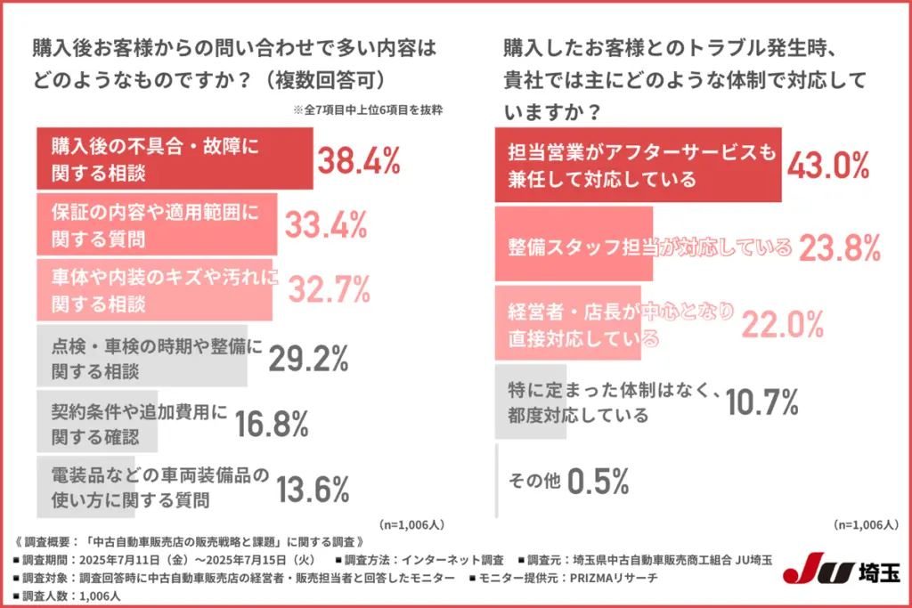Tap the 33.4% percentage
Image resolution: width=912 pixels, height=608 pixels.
coord(326,226)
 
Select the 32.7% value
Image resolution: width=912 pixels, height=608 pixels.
coord(328,290)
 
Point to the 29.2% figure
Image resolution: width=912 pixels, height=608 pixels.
coord(307,357)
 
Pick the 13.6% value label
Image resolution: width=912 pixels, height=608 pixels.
coord(312,489)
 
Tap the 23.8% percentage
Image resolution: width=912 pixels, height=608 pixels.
coord(839,248)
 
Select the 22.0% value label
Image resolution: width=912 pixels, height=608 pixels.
coord(782,326)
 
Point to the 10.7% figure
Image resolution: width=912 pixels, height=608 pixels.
coord(761,403)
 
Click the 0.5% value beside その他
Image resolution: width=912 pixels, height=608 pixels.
coord(598,481)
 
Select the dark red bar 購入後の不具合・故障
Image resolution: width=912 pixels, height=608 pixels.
coord(175,158)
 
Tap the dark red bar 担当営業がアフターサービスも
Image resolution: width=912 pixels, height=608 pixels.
coord(638,165)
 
